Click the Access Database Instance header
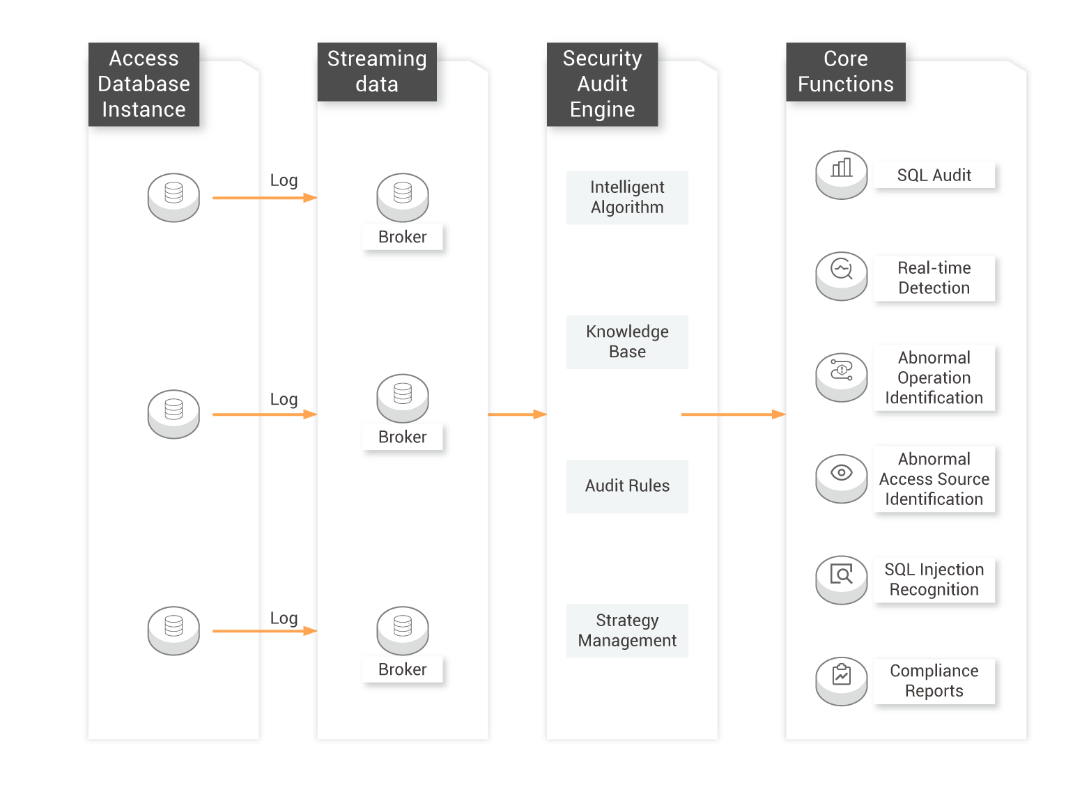[144, 84]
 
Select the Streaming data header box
[377, 72]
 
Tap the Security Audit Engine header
[602, 84]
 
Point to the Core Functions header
[845, 72]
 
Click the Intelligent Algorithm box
[627, 198]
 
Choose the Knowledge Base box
[627, 342]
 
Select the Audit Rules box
[627, 486]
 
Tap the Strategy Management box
[627, 630]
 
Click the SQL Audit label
[934, 175]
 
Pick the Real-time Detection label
[934, 279]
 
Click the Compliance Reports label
[934, 681]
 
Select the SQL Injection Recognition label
[934, 579]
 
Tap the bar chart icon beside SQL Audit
[841, 169]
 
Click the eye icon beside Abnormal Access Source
[841, 473]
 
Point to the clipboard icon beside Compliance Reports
[841, 674]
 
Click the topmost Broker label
[402, 237]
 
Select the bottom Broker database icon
[402, 630]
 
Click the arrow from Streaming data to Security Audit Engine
[518, 414]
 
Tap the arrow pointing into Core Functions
[734, 414]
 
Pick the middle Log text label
[284, 399]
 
